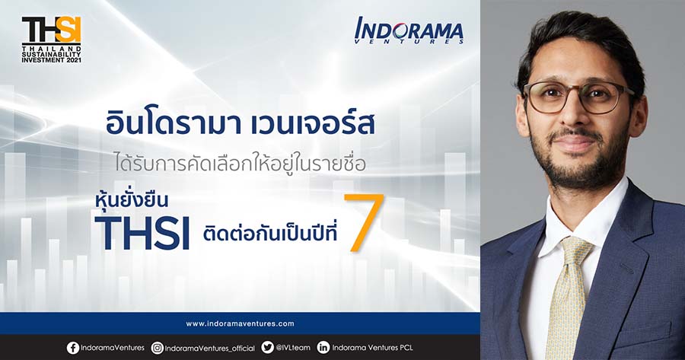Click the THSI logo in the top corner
pyautogui.click(x=52, y=40)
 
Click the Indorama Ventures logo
pyautogui.click(x=409, y=30)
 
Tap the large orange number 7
pyautogui.click(x=365, y=223)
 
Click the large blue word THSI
pyautogui.click(x=142, y=233)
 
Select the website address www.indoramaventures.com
pyautogui.click(x=240, y=323)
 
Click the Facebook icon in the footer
pyautogui.click(x=73, y=348)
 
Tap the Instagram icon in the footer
pyautogui.click(x=158, y=349)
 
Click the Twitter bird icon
pyautogui.click(x=267, y=348)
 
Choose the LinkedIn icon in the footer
pyautogui.click(x=323, y=348)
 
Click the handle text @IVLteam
pyautogui.click(x=293, y=348)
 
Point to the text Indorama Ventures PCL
pyautogui.click(x=372, y=348)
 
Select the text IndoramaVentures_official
pyautogui.click(x=210, y=349)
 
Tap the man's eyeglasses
pyautogui.click(x=578, y=96)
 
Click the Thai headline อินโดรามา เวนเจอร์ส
pyautogui.click(x=240, y=123)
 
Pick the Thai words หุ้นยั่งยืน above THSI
pyautogui.click(x=132, y=202)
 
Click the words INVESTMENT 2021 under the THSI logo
pyautogui.click(x=52, y=60)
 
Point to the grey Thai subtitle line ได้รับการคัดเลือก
pyautogui.click(x=240, y=163)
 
